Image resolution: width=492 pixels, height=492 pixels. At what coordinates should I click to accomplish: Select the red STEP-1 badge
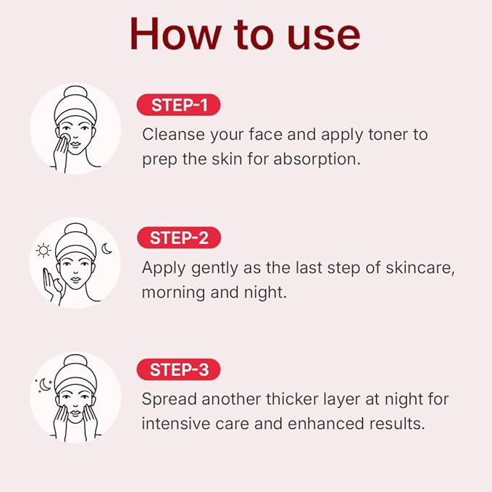[178, 106]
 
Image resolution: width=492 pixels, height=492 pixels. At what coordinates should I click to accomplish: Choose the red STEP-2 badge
[178, 238]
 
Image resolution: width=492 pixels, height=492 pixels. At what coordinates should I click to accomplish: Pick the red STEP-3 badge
[178, 370]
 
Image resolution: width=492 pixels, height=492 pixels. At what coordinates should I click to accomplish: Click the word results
[399, 423]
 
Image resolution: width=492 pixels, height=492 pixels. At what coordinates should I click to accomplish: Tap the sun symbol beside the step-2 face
[43, 250]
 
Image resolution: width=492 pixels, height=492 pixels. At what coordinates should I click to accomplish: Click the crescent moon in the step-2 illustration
[107, 249]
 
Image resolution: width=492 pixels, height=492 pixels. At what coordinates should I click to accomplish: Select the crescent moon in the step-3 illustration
[46, 385]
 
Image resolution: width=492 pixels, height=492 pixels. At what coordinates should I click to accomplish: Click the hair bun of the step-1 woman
[75, 93]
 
